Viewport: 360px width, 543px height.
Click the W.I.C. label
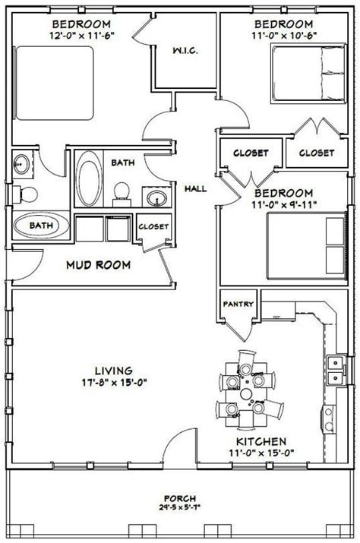click(x=185, y=51)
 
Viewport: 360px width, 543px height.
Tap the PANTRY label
click(x=238, y=304)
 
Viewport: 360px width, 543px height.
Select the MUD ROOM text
click(x=99, y=265)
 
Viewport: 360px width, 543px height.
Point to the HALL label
click(x=195, y=189)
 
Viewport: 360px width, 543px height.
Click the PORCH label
click(x=180, y=498)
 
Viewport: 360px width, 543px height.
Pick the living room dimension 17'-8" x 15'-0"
click(x=115, y=383)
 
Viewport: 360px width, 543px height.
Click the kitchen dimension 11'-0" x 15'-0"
click(x=261, y=453)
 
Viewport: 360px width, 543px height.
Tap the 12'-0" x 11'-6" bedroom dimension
click(x=82, y=36)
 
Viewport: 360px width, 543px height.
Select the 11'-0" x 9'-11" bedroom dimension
click(x=284, y=204)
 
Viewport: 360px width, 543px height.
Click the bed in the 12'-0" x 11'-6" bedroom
click(x=54, y=83)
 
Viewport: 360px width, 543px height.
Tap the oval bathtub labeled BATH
click(x=41, y=225)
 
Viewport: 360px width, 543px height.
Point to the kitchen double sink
click(x=336, y=370)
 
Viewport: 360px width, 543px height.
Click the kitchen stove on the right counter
click(x=328, y=419)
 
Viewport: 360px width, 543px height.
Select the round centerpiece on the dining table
click(x=246, y=393)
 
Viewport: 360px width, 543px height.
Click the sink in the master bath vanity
click(x=21, y=163)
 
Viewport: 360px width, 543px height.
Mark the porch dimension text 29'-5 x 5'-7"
click(x=180, y=508)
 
